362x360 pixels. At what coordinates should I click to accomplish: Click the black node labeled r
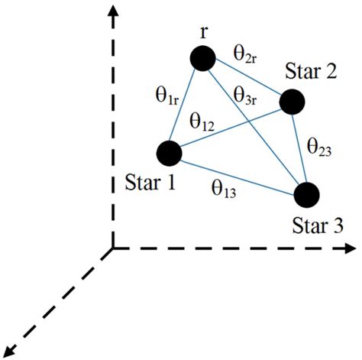(202, 59)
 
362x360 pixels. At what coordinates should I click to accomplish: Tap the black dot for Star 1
(167, 153)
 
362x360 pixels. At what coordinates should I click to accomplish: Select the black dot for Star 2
(293, 102)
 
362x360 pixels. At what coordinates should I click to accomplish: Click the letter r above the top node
(203, 33)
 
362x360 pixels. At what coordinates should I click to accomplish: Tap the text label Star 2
(311, 74)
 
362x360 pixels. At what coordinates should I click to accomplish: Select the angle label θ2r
(246, 54)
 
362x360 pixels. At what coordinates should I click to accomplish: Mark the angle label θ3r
(246, 97)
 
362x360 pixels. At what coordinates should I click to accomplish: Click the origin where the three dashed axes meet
(113, 248)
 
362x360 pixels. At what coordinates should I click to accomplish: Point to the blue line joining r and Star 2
(247, 80)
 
